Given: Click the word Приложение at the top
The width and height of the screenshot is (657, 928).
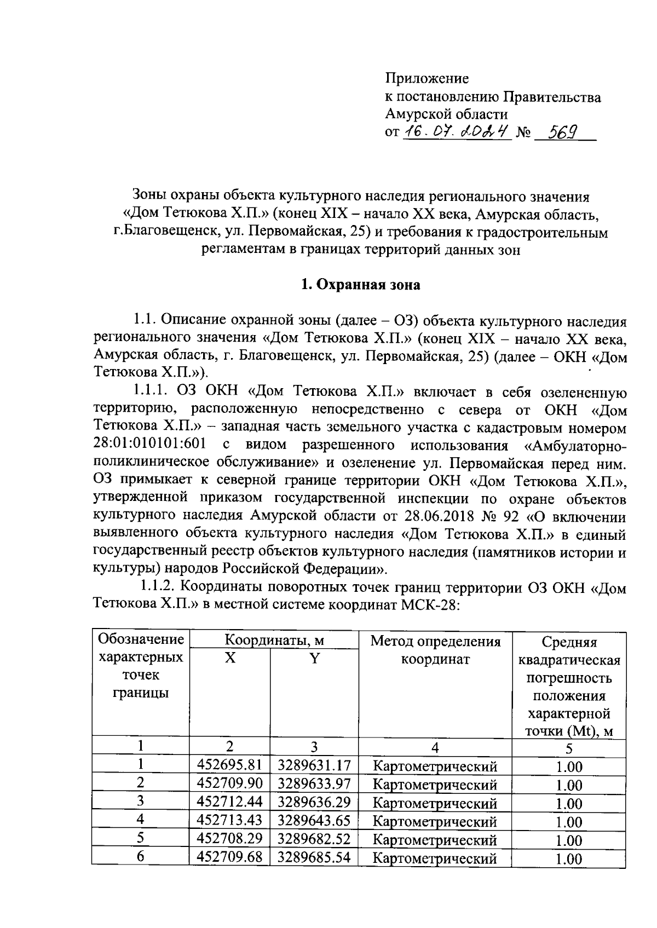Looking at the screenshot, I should [427, 78].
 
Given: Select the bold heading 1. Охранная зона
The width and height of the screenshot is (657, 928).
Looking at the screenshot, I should [361, 285].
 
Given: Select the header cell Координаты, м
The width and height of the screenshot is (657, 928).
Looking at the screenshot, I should [274, 640].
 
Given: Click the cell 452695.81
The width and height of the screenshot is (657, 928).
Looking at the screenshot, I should [230, 765].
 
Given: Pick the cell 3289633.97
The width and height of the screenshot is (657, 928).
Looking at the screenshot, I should [314, 783].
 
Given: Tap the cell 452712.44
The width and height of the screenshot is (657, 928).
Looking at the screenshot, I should [230, 802].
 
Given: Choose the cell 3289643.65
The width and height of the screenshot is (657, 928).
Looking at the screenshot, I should [314, 820].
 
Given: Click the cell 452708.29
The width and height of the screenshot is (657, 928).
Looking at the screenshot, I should [230, 838].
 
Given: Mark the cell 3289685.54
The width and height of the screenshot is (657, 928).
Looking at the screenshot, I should [314, 857].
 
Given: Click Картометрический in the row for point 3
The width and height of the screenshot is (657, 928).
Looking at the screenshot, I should [435, 803].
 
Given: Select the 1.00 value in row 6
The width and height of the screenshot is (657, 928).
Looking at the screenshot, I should [569, 858].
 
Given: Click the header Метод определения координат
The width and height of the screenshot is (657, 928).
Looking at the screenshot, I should [435, 650].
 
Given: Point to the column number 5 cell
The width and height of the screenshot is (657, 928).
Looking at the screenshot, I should [569, 748].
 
